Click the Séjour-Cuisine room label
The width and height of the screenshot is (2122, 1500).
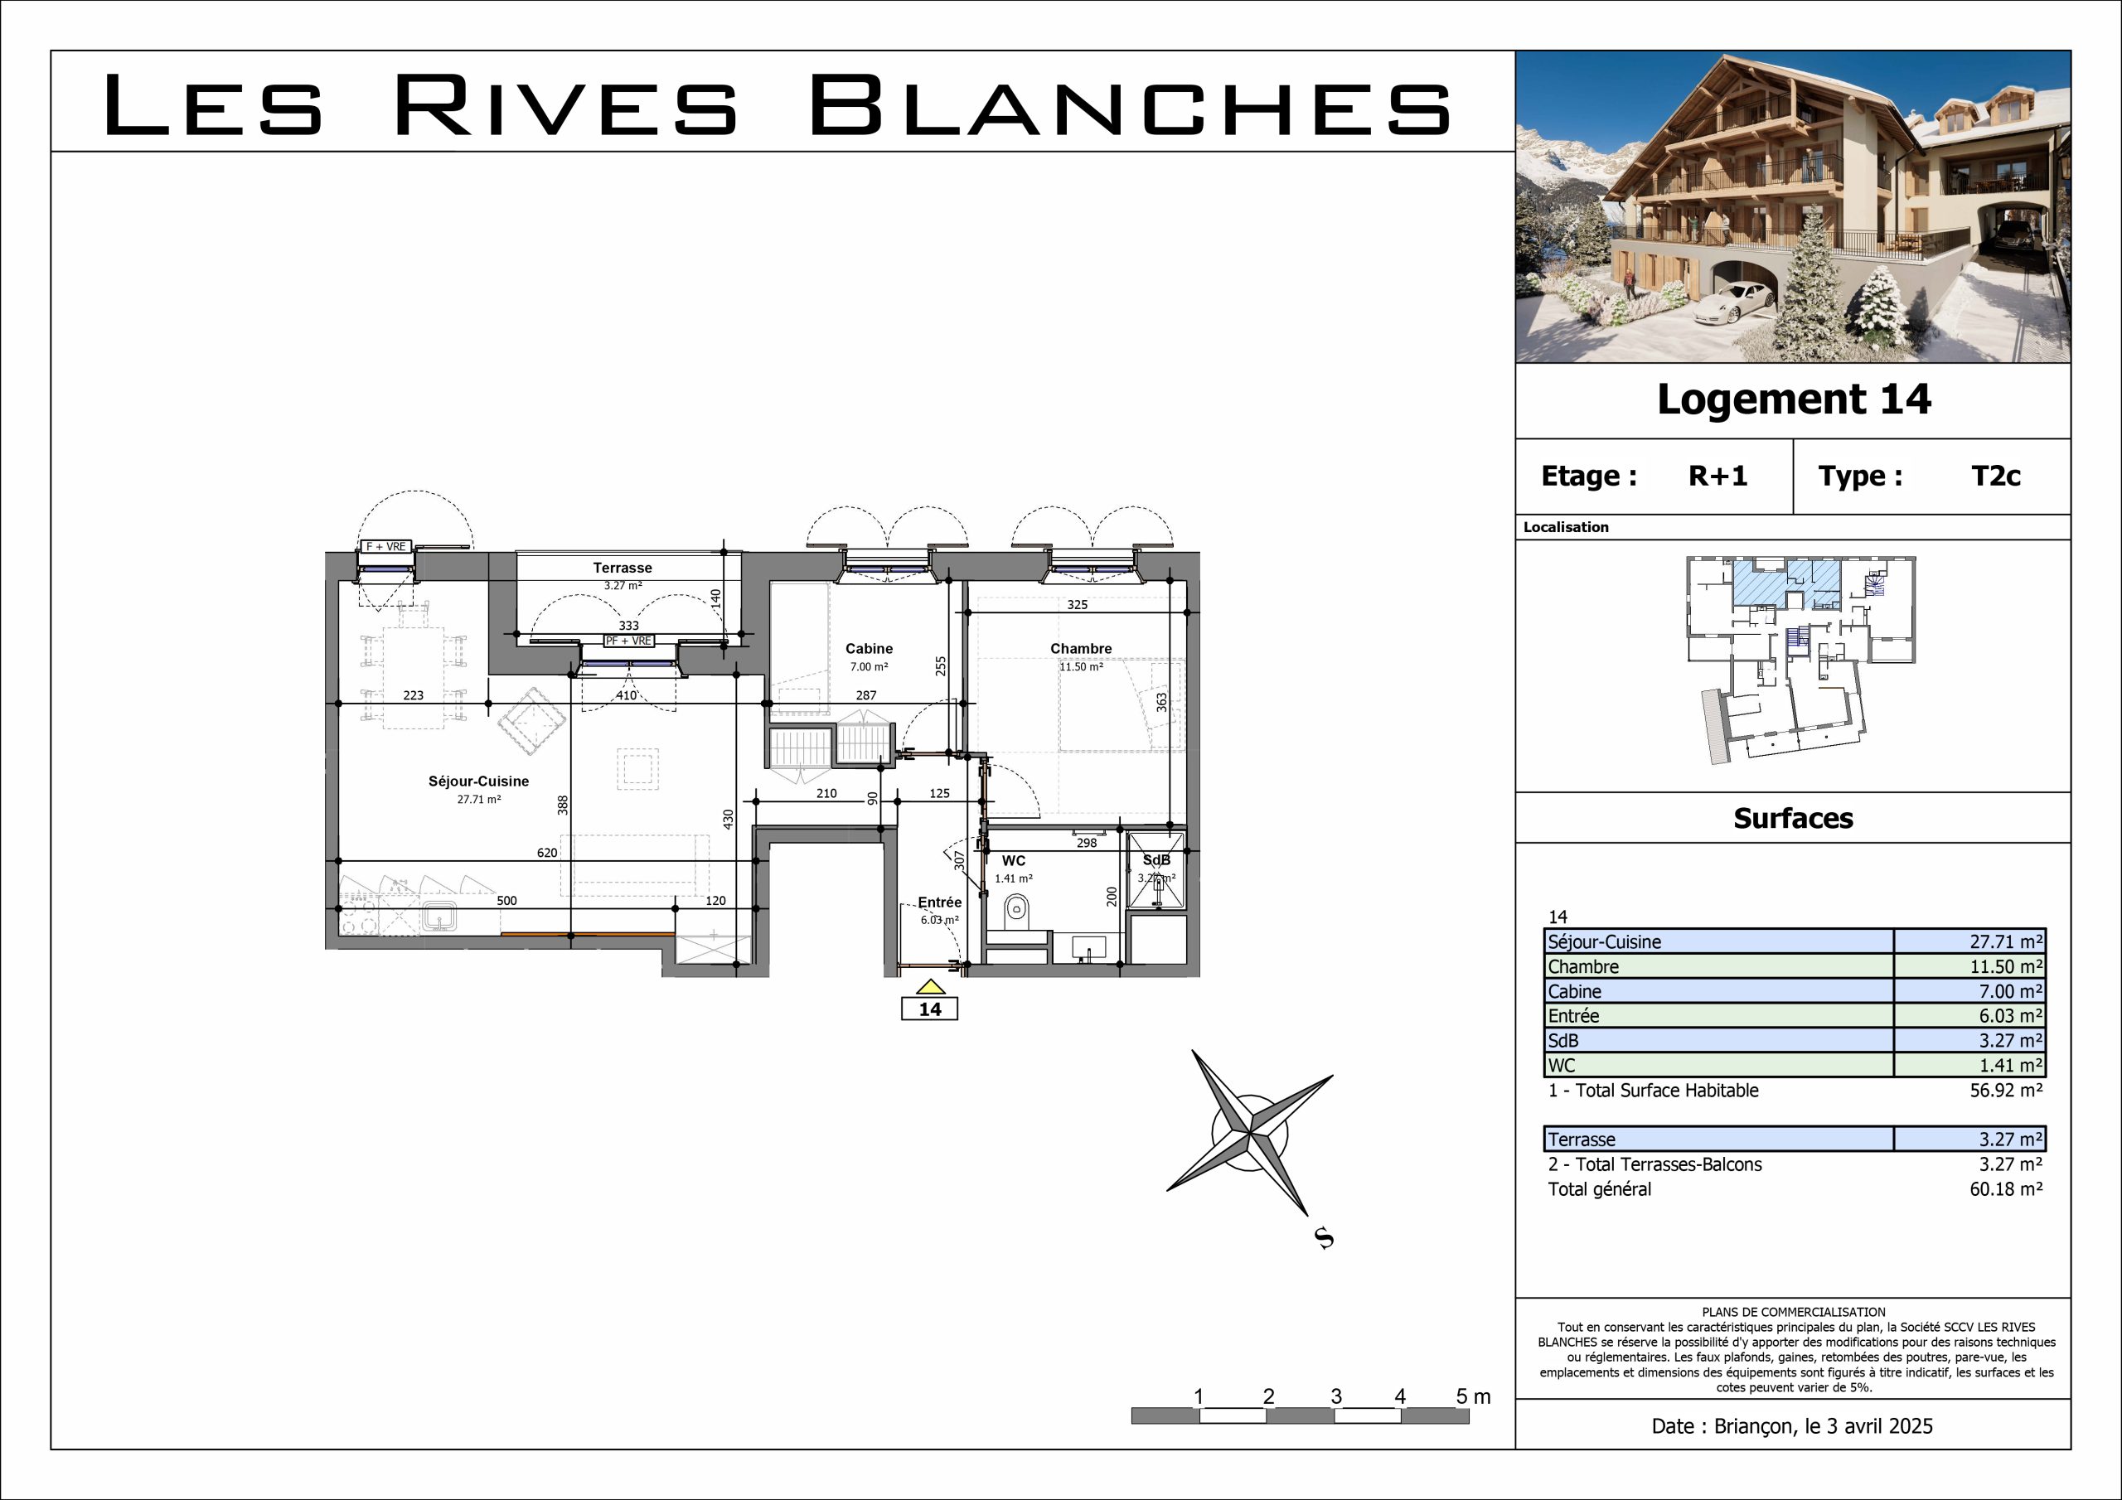tap(479, 781)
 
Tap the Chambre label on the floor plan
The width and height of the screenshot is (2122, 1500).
tap(1080, 649)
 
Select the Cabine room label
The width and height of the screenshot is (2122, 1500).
tap(869, 649)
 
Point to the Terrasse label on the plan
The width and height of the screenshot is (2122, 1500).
tap(622, 568)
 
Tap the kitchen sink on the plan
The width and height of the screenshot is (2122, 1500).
tap(439, 917)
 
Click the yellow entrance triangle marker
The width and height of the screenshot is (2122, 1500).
tap(930, 986)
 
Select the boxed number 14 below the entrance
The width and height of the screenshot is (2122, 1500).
tap(930, 1009)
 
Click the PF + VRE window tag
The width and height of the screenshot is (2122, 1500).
tap(628, 641)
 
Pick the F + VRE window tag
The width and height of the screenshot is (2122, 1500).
tap(385, 546)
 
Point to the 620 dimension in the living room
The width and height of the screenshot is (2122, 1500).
tap(547, 853)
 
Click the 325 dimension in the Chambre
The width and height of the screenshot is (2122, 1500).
tap(1078, 605)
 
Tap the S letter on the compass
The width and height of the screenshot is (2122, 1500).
tap(1325, 1237)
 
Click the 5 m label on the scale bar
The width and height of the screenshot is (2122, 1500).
tap(1473, 1396)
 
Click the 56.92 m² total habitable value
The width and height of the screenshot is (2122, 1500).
tap(2006, 1091)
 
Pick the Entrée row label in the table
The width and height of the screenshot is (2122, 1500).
tap(1574, 1016)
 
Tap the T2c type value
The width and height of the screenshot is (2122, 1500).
tap(1995, 476)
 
